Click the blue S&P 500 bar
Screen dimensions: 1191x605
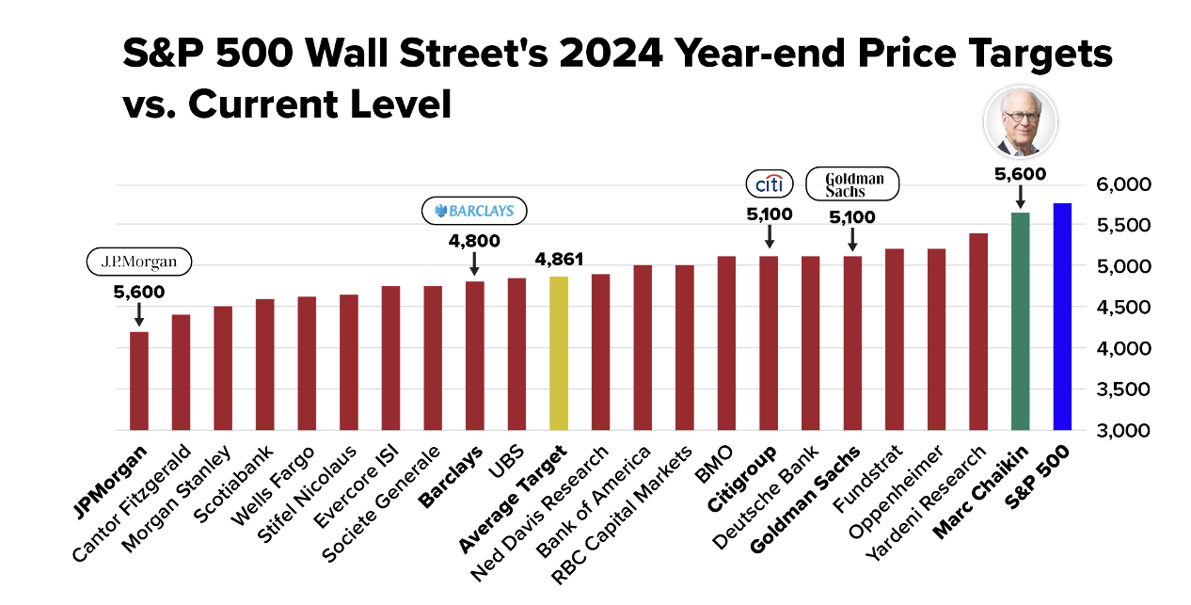[x=1062, y=316]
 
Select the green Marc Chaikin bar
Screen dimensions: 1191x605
[x=1020, y=321]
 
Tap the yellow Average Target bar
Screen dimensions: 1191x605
[x=558, y=353]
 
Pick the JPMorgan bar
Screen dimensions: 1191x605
[x=139, y=381]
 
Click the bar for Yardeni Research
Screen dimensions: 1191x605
[x=977, y=332]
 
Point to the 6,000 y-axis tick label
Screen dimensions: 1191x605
[x=1123, y=184]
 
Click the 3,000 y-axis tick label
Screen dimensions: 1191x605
[x=1123, y=430]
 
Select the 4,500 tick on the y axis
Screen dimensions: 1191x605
[x=1123, y=308]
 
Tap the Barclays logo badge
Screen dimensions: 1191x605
[x=474, y=211]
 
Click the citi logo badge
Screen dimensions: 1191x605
[x=770, y=183]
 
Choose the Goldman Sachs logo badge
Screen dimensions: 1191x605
[x=852, y=183]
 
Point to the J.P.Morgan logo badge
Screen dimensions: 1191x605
[x=139, y=262]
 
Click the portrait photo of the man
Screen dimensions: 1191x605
[x=1020, y=121]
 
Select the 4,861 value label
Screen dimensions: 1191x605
[x=559, y=260]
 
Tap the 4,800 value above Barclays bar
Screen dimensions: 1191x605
[x=474, y=241]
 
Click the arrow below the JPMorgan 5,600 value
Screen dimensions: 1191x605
[x=139, y=314]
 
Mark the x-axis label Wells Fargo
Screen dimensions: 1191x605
[x=273, y=486]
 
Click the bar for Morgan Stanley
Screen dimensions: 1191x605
[x=223, y=368]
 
